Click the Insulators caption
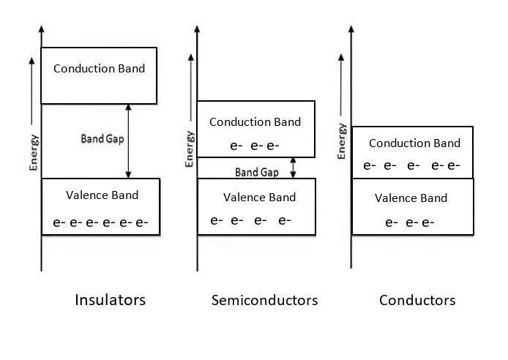click(x=111, y=300)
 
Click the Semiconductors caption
click(x=264, y=300)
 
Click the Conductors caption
click(x=417, y=300)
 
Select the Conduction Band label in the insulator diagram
click(x=100, y=69)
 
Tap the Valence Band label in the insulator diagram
click(x=102, y=195)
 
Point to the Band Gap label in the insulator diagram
click(x=102, y=137)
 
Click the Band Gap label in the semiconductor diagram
click(x=255, y=173)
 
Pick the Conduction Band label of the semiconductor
click(x=255, y=121)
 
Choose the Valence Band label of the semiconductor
click(x=259, y=197)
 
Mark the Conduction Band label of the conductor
click(x=414, y=143)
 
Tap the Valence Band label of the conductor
click(x=411, y=198)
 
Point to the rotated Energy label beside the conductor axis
click(x=342, y=141)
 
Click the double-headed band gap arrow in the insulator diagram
click(x=129, y=140)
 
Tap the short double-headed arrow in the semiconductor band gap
click(x=293, y=168)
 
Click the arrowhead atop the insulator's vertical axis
click(x=41, y=29)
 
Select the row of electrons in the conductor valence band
click(x=410, y=222)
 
